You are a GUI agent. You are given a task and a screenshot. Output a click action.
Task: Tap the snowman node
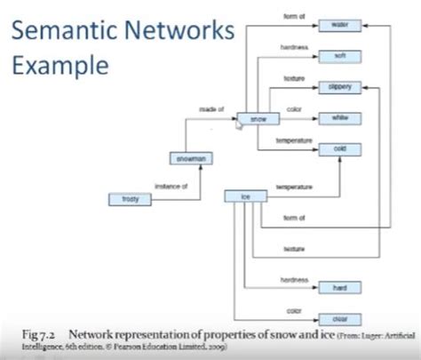click(x=190, y=159)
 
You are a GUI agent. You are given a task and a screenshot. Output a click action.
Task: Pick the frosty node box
click(x=130, y=199)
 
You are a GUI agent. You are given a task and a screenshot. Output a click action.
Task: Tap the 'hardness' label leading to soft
click(x=293, y=46)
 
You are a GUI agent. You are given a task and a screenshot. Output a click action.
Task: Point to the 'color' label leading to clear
click(x=293, y=309)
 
